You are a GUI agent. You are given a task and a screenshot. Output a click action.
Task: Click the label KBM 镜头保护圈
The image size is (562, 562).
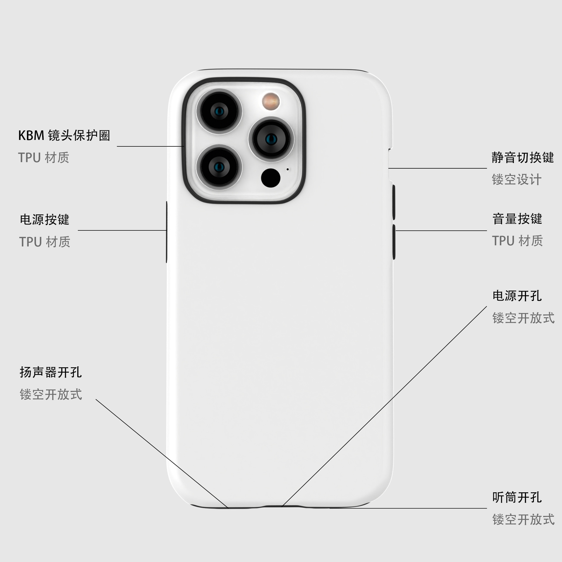click(64, 136)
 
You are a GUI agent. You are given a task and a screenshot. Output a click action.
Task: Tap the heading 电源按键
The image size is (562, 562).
click(44, 220)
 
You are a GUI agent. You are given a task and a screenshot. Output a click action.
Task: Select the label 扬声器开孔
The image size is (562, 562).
click(51, 372)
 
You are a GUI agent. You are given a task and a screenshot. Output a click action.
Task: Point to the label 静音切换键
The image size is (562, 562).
click(522, 157)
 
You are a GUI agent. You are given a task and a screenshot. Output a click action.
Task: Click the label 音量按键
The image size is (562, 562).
click(517, 219)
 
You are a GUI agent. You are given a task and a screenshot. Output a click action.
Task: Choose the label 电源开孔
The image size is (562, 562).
click(517, 296)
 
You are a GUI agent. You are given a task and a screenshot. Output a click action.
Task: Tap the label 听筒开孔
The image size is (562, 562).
click(517, 497)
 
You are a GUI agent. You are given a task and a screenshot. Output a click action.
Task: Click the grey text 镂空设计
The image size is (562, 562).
click(517, 179)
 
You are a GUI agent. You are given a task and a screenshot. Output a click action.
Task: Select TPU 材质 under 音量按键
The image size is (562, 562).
click(517, 241)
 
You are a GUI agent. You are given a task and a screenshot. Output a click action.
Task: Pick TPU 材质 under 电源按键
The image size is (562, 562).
click(45, 242)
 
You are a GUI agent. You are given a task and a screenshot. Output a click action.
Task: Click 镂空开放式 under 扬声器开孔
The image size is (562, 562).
click(51, 395)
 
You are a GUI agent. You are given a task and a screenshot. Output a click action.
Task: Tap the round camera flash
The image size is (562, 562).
click(271, 102)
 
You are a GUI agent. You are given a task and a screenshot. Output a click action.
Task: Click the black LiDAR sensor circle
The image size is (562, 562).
click(270, 178)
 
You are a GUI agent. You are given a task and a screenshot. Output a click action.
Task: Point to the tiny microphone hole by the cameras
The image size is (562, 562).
click(287, 169)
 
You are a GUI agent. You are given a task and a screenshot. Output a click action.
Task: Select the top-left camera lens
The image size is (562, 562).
click(219, 111)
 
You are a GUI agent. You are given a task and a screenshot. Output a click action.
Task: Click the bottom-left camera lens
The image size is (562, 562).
click(219, 167)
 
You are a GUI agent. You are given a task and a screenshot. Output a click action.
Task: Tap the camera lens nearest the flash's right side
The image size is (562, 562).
click(271, 139)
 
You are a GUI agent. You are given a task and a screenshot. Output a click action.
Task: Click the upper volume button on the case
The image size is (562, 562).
click(394, 202)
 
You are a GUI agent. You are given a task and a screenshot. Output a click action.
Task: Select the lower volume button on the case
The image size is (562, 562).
click(394, 242)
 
